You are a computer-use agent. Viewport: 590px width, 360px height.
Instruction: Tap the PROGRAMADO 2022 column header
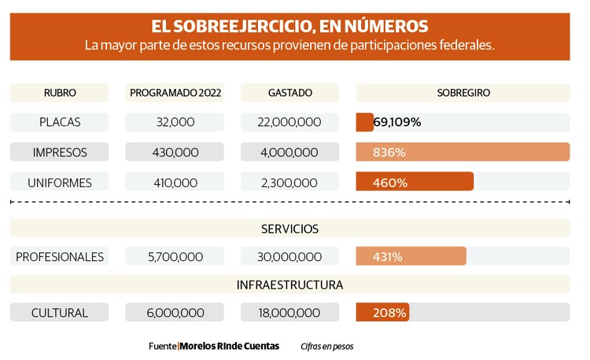175,93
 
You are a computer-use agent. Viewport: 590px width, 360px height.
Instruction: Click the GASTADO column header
290,93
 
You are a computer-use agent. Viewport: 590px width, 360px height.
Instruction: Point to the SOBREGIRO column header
463,93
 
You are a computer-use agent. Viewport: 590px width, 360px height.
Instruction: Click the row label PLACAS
60,123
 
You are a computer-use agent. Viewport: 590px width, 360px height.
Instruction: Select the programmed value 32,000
175,123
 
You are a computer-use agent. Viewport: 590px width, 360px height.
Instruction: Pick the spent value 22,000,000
290,123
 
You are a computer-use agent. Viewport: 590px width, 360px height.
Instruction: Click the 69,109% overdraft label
397,123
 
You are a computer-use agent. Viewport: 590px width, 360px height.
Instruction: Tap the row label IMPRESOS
60,152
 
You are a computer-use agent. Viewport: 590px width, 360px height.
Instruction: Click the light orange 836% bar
463,152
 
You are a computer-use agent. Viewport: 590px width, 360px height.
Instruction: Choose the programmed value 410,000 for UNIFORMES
175,182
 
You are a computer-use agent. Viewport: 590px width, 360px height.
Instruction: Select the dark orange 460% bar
415,182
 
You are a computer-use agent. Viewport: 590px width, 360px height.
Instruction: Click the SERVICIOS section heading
289,229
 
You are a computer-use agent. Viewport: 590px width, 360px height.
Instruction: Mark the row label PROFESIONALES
60,257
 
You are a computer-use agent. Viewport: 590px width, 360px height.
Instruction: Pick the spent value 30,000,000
290,257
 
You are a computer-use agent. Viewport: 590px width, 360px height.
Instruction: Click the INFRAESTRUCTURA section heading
289,285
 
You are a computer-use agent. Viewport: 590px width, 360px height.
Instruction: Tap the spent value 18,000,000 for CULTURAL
290,313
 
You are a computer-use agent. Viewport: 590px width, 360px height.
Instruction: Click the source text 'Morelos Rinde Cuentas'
229,346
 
